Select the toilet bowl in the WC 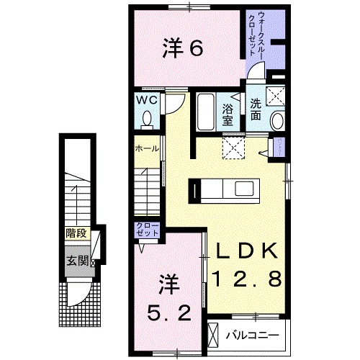tap(148, 117)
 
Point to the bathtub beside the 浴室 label tap(206, 112)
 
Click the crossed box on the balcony tap(214, 333)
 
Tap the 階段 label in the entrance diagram tap(74, 233)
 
